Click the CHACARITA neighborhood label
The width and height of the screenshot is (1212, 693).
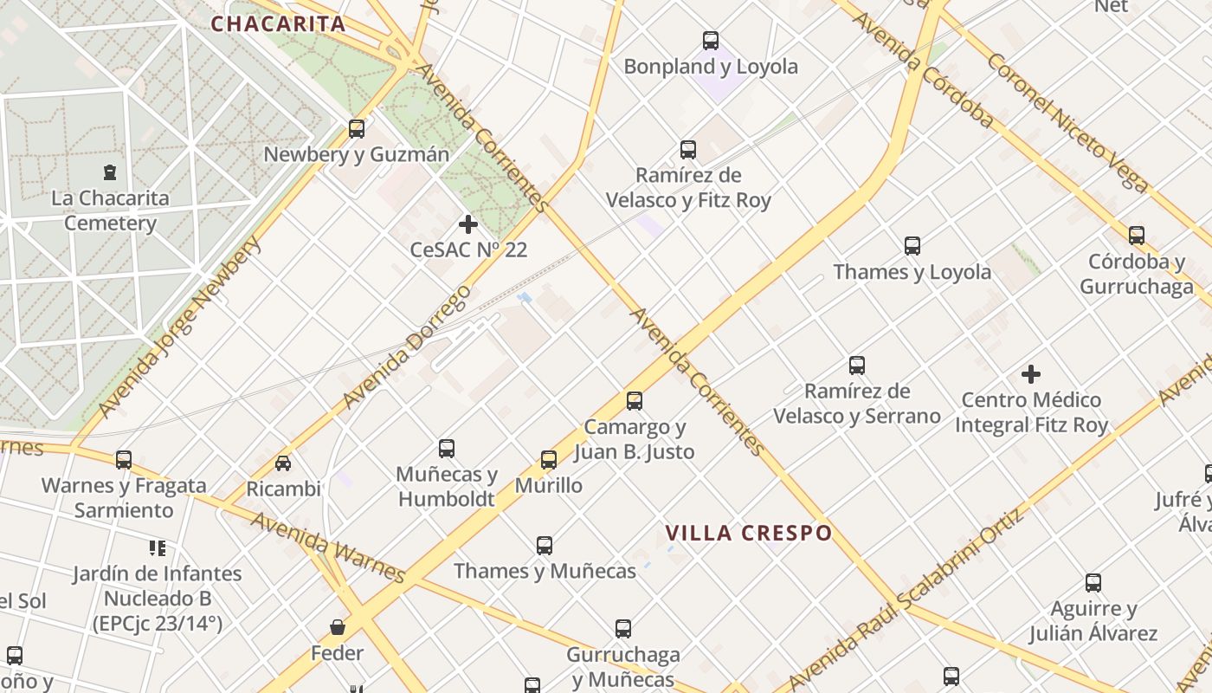tap(278, 23)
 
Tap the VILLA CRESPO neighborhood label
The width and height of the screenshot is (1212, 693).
tap(749, 533)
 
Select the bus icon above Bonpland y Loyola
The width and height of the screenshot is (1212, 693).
tap(711, 40)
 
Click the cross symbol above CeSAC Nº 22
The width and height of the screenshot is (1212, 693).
tap(468, 224)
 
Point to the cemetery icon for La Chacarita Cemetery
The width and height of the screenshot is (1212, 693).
tap(110, 172)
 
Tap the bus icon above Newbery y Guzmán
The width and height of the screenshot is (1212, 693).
tap(357, 129)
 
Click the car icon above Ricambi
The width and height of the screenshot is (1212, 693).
tap(283, 463)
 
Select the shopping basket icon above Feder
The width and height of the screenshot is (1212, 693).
tap(338, 626)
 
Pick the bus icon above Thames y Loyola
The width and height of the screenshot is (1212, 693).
tap(912, 245)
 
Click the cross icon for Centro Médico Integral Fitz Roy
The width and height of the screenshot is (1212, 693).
tap(1030, 374)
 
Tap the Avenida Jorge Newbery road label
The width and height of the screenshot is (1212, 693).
tap(179, 327)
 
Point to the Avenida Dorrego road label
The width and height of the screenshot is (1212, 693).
tap(407, 346)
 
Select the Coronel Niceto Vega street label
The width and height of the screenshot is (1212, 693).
tap(1067, 122)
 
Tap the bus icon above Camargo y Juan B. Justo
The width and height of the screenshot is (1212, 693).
tap(635, 400)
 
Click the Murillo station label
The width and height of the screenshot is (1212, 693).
tap(549, 485)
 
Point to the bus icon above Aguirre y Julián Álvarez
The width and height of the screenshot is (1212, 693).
tap(1093, 583)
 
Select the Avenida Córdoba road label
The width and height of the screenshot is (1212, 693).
tap(922, 70)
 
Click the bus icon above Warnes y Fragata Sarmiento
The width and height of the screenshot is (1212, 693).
tap(124, 459)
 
